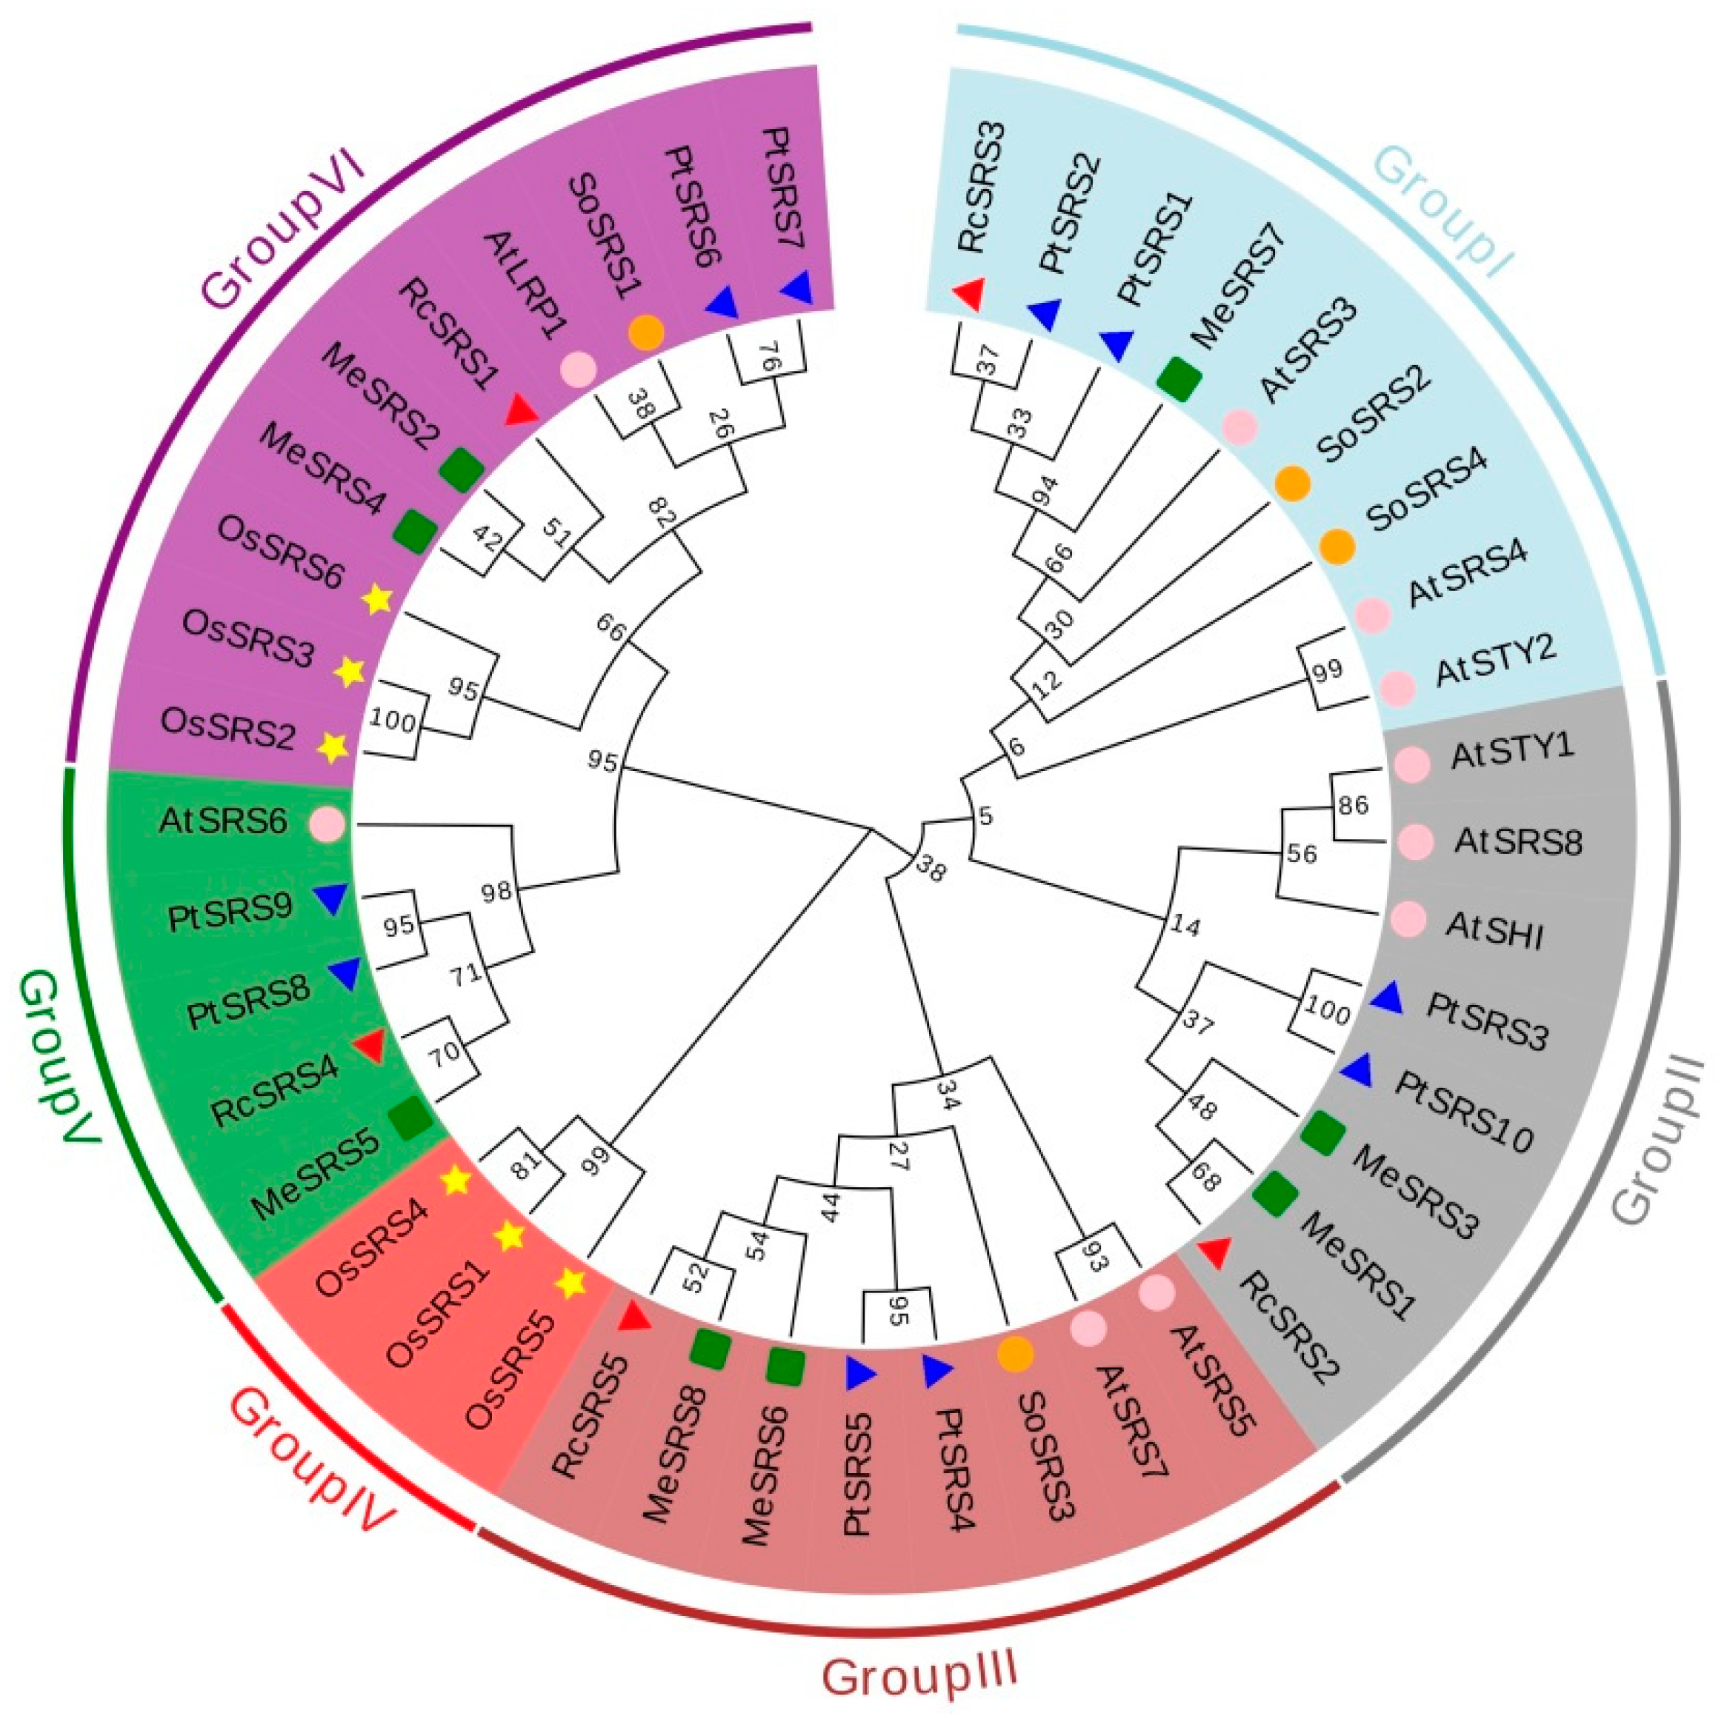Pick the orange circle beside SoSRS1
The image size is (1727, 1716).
point(646,333)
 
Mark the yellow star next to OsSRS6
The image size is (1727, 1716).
point(377,599)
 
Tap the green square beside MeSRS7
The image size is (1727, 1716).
point(1178,376)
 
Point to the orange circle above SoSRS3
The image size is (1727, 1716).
point(1016,1354)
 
